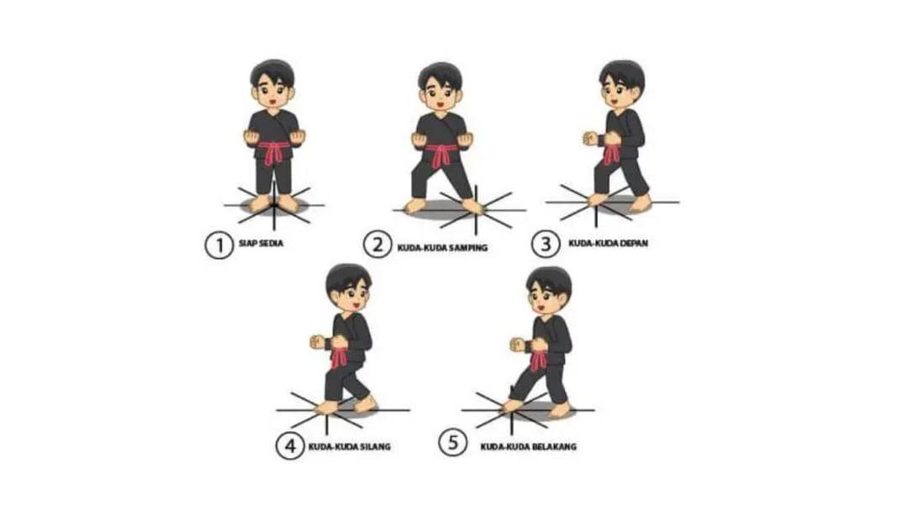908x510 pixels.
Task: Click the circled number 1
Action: point(219,244)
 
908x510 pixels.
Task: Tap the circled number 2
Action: point(377,244)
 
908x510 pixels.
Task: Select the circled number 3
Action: point(546,244)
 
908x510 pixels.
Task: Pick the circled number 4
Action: point(289,446)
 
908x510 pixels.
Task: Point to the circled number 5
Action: point(453,443)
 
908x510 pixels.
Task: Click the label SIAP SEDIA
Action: point(261,243)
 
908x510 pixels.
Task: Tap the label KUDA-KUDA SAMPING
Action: point(442,248)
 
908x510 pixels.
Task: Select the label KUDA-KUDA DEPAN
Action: point(608,243)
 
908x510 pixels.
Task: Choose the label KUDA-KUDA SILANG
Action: point(349,446)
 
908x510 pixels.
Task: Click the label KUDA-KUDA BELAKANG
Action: point(528,446)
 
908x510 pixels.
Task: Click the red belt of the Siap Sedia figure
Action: point(273,150)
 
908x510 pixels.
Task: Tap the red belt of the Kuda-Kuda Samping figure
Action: point(442,154)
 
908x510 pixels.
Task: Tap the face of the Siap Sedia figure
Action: point(272,93)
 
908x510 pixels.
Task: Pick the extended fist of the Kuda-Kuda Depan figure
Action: point(589,139)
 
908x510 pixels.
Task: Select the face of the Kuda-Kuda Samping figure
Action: point(440,95)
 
